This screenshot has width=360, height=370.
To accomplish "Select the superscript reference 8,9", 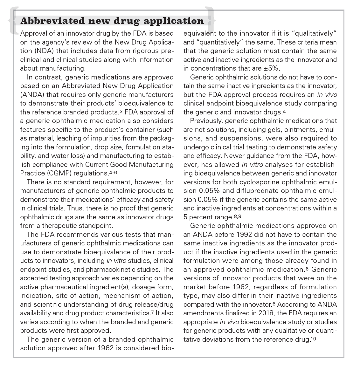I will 237,216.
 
